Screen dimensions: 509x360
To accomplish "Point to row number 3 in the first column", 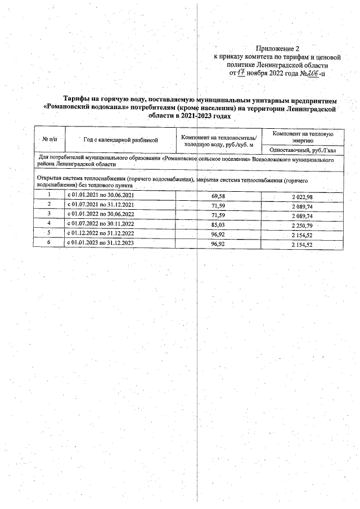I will (x=49, y=214).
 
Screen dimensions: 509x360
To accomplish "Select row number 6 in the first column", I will (x=49, y=242).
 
